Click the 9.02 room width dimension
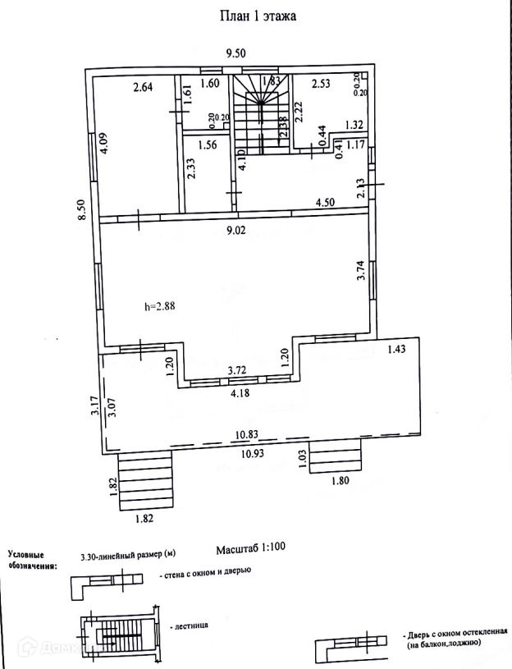(237, 231)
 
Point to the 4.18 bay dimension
(239, 393)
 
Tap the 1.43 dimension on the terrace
(397, 349)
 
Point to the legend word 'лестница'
(190, 625)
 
